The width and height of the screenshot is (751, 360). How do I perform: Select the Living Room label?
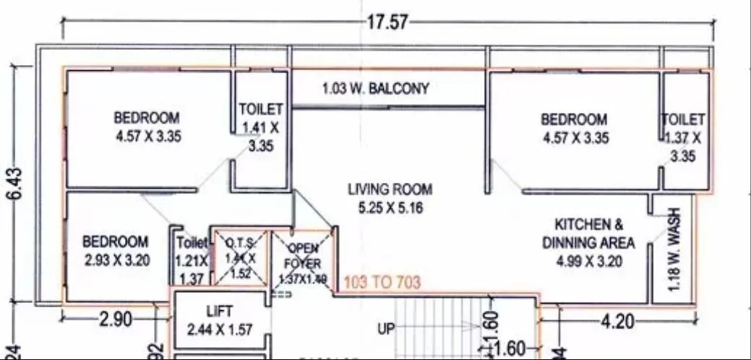(390, 189)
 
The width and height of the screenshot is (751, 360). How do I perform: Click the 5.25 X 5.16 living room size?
(390, 208)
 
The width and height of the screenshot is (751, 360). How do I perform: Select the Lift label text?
(219, 312)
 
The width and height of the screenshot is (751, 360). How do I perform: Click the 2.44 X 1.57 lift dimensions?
(219, 330)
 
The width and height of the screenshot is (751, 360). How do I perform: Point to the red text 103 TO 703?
(382, 283)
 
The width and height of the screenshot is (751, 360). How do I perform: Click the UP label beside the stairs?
(386, 330)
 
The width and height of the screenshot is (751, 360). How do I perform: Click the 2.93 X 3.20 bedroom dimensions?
(116, 260)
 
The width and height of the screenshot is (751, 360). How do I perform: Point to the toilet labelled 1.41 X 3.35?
(260, 127)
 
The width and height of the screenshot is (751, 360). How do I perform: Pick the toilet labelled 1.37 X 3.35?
(682, 137)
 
